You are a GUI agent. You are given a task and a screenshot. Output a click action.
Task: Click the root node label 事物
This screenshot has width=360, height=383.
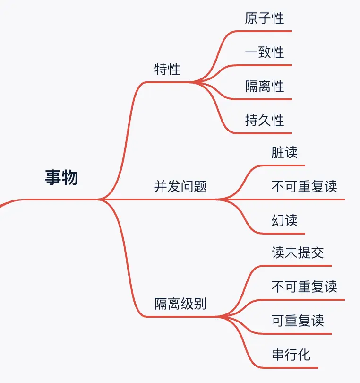click(x=61, y=177)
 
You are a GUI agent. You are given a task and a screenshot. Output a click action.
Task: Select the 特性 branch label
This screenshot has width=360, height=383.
click(x=167, y=70)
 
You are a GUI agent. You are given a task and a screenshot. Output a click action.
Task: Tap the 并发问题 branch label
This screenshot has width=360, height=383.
click(x=180, y=186)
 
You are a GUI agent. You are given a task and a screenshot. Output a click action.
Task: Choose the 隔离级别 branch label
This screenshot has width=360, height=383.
click(x=180, y=304)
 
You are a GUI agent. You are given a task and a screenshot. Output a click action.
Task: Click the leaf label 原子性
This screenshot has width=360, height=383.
click(x=265, y=18)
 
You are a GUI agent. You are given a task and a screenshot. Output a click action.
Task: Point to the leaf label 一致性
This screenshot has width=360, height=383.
click(x=265, y=52)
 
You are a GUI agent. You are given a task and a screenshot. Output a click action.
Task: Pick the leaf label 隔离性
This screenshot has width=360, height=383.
click(x=265, y=86)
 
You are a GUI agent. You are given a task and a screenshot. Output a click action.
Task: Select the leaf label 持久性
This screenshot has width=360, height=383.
click(x=265, y=120)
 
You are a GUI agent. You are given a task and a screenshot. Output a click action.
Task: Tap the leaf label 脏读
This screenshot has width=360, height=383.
click(x=284, y=153)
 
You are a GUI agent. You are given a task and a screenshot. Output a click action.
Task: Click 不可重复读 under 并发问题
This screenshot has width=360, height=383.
click(x=304, y=186)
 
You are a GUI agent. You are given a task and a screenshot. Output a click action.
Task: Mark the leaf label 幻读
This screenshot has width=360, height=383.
click(x=284, y=220)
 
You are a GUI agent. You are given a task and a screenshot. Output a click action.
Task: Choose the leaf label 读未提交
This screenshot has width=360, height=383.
click(x=298, y=253)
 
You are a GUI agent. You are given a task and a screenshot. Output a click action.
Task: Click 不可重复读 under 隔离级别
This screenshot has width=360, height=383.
click(x=304, y=287)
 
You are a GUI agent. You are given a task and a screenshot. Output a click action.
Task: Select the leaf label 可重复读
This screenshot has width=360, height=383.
click(x=298, y=321)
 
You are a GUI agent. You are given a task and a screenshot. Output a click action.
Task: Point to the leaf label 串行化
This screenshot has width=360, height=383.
click(x=291, y=355)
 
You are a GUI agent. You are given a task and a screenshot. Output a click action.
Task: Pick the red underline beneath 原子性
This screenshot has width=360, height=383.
click(x=265, y=31)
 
